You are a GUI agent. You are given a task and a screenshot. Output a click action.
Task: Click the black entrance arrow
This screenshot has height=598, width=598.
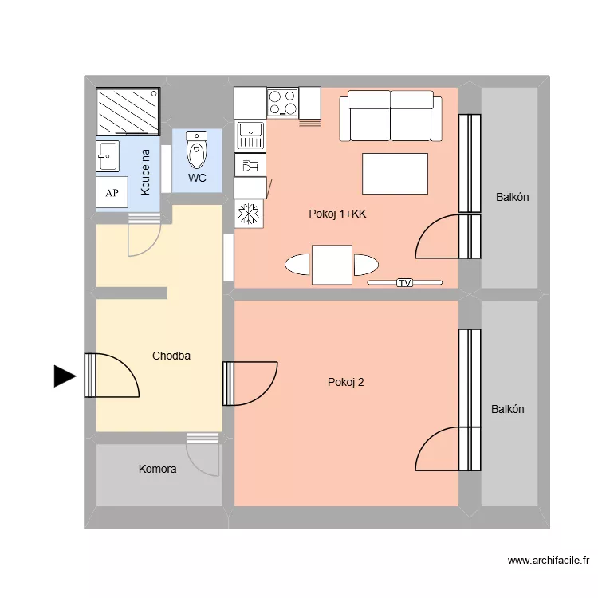pos(64,376)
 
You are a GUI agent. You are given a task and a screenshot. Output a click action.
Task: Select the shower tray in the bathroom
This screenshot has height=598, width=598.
pos(128,112)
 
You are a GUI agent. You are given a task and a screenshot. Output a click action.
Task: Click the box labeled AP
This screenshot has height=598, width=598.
pos(112,193)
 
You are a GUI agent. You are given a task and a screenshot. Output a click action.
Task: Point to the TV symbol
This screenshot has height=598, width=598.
pos(404,282)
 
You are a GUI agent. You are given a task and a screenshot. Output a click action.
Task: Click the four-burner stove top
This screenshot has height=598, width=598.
pos(281,102)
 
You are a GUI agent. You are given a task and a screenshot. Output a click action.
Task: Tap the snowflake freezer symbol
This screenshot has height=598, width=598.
pos(249,213)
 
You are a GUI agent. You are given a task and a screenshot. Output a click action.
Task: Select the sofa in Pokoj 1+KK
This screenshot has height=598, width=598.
pos(390,116)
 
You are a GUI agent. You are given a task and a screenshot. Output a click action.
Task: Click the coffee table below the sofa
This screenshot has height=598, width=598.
pos(395,173)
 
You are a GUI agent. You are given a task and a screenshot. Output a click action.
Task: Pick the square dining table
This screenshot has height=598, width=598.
pos(332,265)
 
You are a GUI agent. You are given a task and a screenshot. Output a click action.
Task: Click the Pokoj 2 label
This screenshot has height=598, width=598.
pos(346,382)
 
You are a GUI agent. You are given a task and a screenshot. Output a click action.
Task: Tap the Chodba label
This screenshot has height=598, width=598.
pos(171,356)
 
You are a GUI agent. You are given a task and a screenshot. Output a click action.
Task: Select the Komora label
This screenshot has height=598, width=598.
pos(157,470)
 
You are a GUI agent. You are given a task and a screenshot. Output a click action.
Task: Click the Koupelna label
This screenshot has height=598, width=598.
pos(146,172)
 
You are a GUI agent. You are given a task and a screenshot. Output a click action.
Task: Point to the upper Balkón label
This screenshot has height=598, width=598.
pos(512,197)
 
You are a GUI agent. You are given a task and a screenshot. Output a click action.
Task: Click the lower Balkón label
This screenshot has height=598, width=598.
pos(508,409)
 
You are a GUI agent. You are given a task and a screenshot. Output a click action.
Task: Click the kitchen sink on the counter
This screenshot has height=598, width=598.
pos(250,136)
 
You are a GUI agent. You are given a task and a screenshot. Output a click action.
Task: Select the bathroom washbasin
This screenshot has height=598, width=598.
pos(108,156)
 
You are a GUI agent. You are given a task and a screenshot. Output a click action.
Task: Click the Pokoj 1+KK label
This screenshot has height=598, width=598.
pos(337,214)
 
